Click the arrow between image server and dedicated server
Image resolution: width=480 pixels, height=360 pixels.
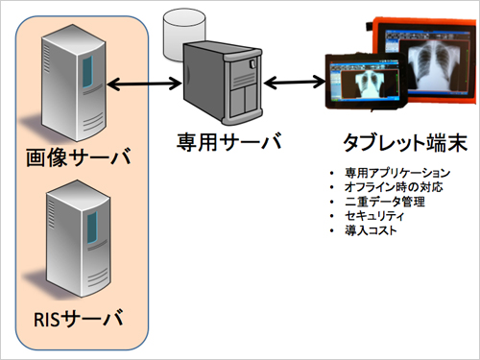pos(143,87)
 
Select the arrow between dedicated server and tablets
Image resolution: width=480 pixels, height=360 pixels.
pos(292,81)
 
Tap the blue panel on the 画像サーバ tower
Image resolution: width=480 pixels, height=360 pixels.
pos(89,71)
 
